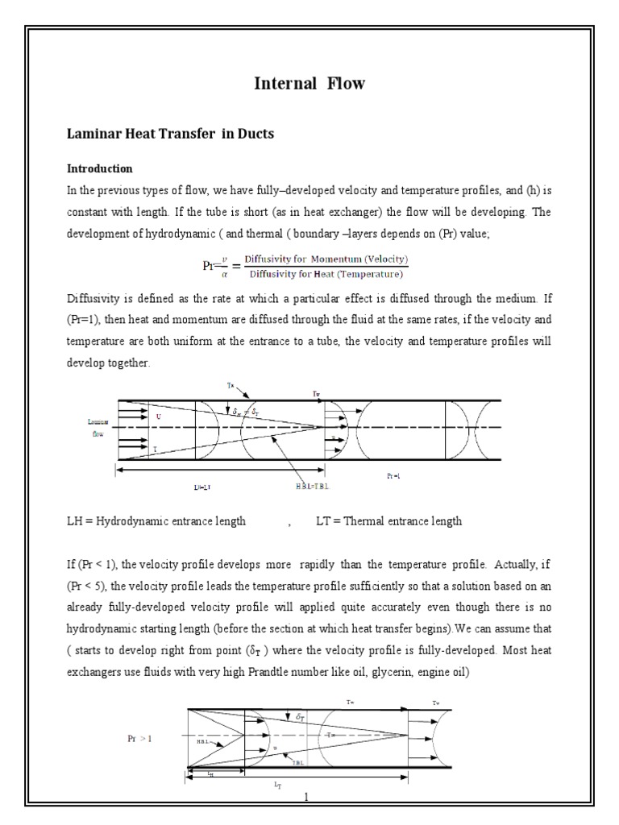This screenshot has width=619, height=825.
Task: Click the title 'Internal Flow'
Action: pyautogui.click(x=309, y=83)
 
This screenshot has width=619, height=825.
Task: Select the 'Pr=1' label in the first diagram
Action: pyautogui.click(x=393, y=476)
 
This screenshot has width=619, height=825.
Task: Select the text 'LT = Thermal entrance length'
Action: pyautogui.click(x=388, y=521)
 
